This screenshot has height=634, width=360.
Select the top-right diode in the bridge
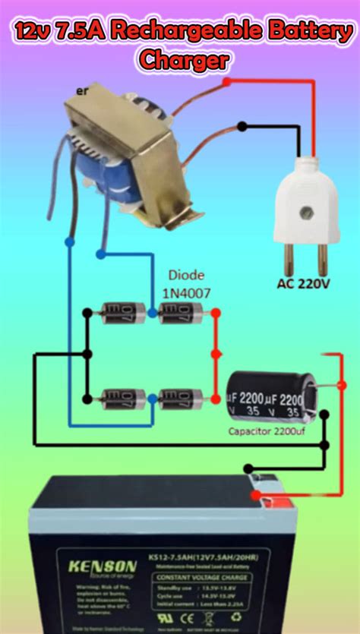[181, 311]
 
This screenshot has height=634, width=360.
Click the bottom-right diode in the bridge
[181, 396]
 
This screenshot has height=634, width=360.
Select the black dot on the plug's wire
[242, 127]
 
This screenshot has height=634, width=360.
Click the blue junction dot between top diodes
[152, 311]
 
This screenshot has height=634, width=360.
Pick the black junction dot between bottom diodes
[152, 396]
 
